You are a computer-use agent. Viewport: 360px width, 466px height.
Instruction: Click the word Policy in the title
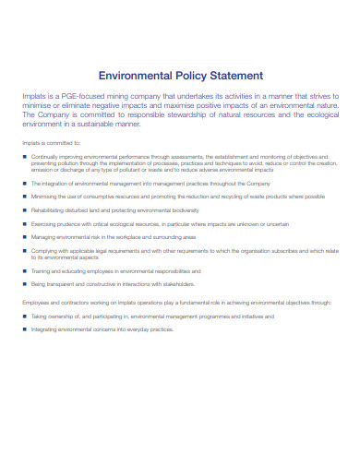188,76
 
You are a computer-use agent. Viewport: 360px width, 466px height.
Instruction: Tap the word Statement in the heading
236,76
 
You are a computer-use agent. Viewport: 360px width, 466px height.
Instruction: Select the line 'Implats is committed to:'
50,143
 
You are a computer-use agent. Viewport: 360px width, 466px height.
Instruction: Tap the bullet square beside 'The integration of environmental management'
24,184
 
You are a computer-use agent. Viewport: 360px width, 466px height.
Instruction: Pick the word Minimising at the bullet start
45,197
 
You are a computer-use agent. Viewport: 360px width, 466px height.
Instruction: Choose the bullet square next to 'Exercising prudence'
24,223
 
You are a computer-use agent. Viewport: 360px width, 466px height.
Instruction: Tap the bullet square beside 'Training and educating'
24,270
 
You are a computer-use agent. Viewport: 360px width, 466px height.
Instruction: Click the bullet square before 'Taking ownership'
24,316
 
